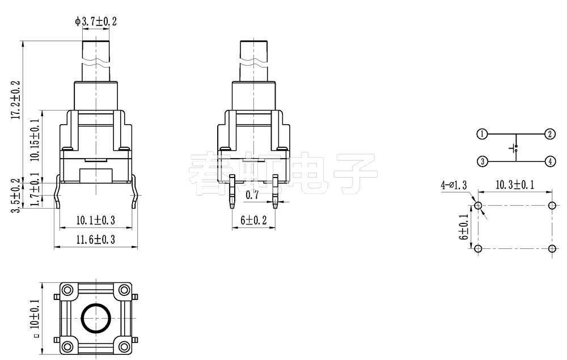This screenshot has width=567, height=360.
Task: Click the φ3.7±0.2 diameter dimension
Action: [96, 22]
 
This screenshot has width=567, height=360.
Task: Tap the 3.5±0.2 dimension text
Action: [16, 196]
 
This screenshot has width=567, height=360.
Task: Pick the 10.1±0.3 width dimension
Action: [95, 220]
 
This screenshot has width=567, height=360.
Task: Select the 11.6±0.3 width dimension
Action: [95, 240]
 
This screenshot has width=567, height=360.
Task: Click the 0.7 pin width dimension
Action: [253, 196]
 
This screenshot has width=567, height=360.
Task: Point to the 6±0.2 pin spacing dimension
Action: [253, 221]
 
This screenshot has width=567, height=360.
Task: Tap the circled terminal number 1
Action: [481, 134]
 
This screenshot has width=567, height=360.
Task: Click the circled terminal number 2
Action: [549, 134]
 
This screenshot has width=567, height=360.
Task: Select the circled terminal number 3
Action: [481, 162]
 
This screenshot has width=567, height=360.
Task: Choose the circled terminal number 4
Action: [549, 162]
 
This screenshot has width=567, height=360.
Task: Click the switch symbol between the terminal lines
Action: [515, 149]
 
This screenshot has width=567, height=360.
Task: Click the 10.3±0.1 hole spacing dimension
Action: [515, 185]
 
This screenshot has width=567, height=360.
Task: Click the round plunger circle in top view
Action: [95, 319]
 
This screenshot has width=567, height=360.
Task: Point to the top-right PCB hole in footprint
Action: [552, 205]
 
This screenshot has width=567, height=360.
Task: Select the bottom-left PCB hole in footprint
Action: [479, 249]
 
